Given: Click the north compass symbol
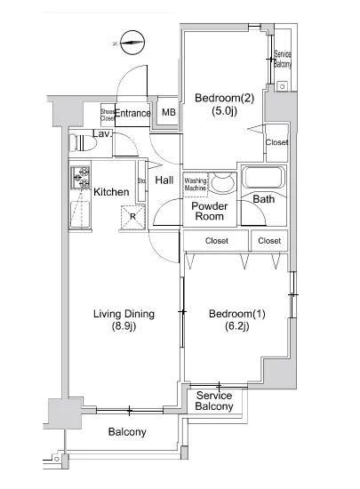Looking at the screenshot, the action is pyautogui.click(x=132, y=43).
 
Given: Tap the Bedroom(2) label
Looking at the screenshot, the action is pyautogui.click(x=224, y=104).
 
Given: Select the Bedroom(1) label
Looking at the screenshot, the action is pyautogui.click(x=236, y=320).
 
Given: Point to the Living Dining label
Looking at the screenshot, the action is pyautogui.click(x=124, y=320).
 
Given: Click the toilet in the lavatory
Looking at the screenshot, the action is pyautogui.click(x=83, y=143).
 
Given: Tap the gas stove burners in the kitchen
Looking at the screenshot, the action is pyautogui.click(x=80, y=178).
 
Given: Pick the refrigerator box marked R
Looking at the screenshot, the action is pyautogui.click(x=133, y=217).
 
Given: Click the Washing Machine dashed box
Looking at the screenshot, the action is pyautogui.click(x=196, y=185).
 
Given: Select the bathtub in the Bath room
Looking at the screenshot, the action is pyautogui.click(x=264, y=178).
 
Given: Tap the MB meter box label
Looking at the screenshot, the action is pyautogui.click(x=169, y=112).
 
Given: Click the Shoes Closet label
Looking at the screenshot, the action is pyautogui.click(x=108, y=115).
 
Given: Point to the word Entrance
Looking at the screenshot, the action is pyautogui.click(x=133, y=113).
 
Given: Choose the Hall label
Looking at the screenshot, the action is pyautogui.click(x=164, y=180).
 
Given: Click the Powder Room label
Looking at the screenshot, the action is pyautogui.click(x=210, y=211).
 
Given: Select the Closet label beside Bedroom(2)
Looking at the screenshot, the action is pyautogui.click(x=276, y=142).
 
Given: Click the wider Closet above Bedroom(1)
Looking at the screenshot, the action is pyautogui.click(x=216, y=241).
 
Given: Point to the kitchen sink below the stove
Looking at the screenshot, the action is pyautogui.click(x=80, y=214).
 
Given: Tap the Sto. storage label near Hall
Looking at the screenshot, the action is pyautogui.click(x=142, y=180).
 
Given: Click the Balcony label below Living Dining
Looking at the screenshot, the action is pyautogui.click(x=127, y=432).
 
